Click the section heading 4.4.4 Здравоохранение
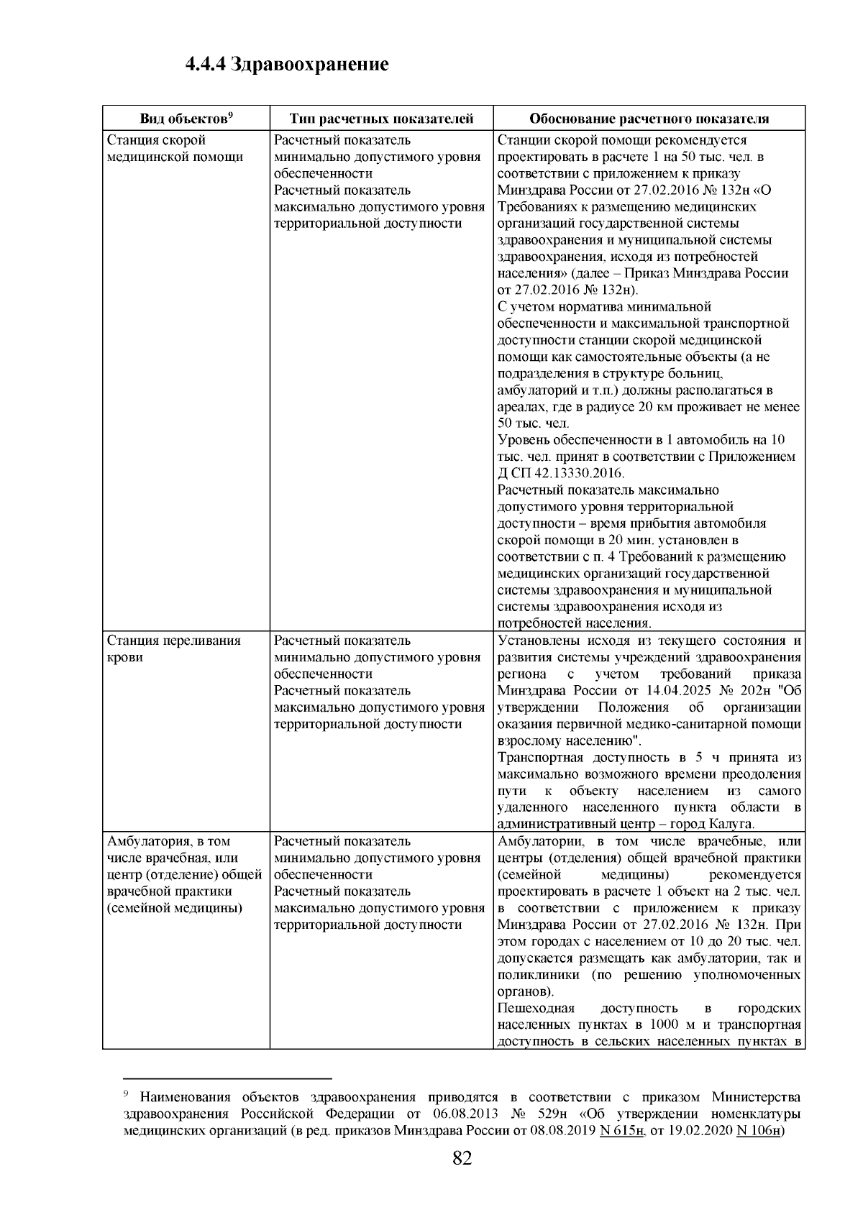pos(286,65)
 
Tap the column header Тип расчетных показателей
pos(381,119)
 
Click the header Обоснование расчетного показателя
pos(649,119)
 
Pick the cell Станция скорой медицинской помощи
pos(175,148)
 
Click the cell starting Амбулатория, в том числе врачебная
pos(184,874)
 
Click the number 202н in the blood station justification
pos(750,691)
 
